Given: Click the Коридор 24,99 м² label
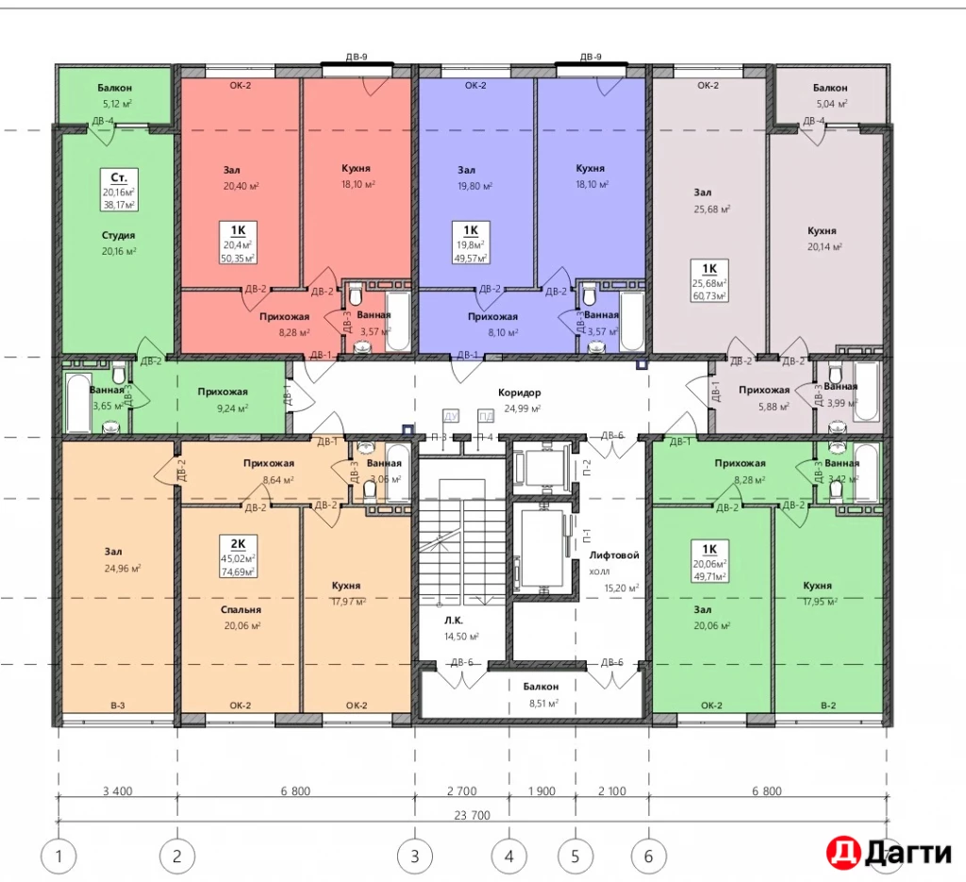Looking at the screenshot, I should pos(521,400).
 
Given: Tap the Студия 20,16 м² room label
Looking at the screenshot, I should pos(119,243).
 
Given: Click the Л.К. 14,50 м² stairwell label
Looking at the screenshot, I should pos(459,627).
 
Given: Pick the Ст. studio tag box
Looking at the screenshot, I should pos(120,190).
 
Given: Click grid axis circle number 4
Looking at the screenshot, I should pos(508,857).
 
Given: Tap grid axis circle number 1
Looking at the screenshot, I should pos(59,857).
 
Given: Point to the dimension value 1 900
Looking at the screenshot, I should pos(541,791).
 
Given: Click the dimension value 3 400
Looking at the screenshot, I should pos(117,791).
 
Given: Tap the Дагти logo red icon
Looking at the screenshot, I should pos(842,852).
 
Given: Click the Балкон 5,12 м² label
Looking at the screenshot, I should pos(115,96).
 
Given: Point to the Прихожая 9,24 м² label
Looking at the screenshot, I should pos(223,400).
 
